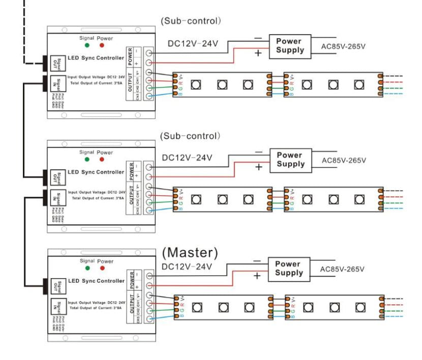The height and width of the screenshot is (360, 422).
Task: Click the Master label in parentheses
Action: (x=190, y=252)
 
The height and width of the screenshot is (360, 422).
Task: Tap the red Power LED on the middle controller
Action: (x=102, y=159)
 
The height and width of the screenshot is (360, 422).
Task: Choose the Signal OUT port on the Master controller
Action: (x=56, y=281)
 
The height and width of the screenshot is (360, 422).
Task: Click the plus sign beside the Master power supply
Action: (x=256, y=276)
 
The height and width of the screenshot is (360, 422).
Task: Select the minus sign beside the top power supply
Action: (x=258, y=38)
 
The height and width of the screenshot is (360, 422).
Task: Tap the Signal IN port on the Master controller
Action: (x=56, y=306)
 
